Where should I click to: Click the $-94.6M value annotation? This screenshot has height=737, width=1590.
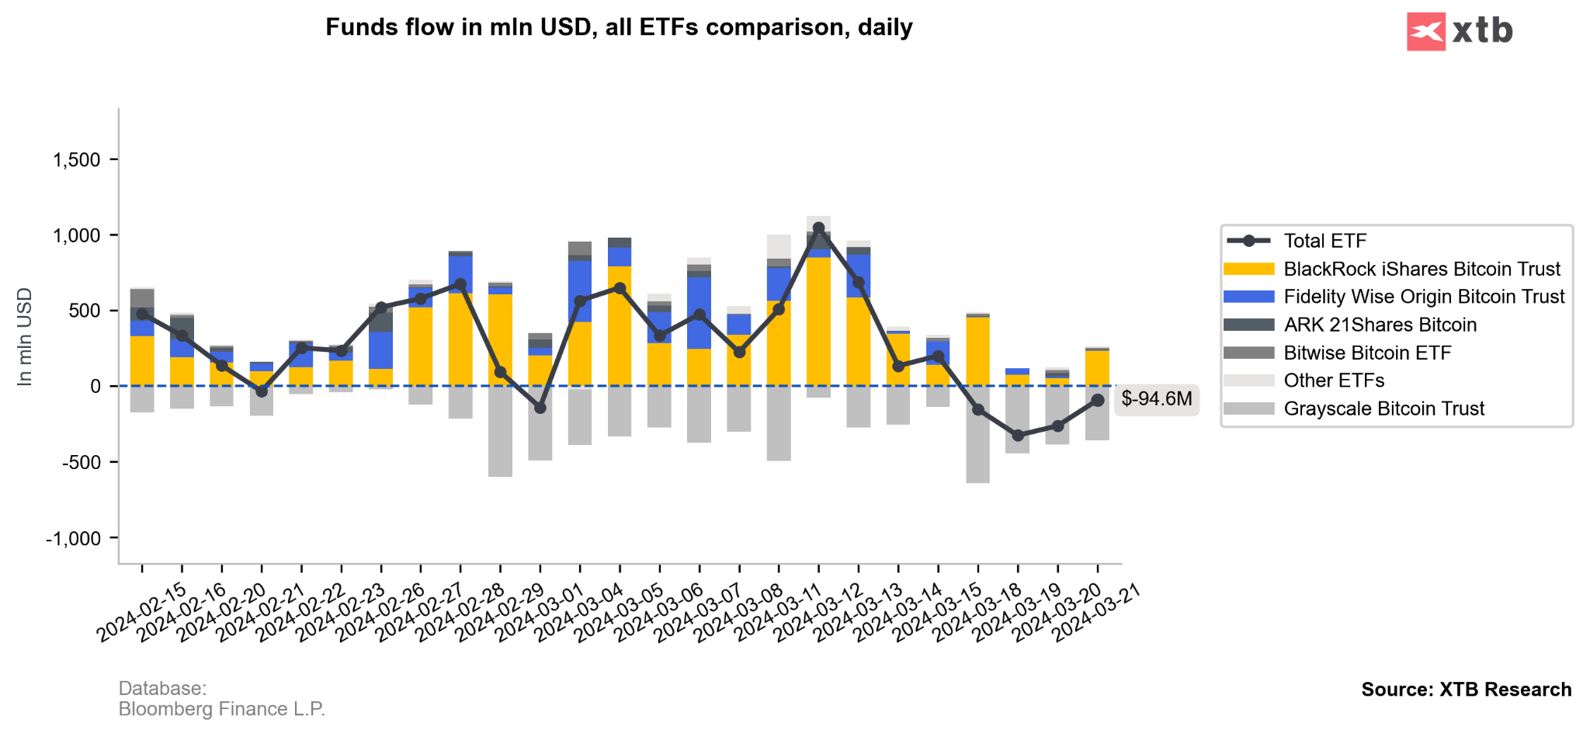click(1156, 399)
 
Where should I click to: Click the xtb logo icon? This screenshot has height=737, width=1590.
click(1425, 32)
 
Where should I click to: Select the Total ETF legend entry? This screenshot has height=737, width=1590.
click(1324, 241)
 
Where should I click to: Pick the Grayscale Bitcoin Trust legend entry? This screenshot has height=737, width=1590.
click(1383, 408)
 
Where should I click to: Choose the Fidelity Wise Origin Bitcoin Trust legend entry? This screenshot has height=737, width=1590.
click(1423, 297)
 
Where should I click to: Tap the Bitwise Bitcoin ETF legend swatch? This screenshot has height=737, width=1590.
click(1248, 353)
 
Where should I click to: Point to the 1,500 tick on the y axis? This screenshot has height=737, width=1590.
click(77, 160)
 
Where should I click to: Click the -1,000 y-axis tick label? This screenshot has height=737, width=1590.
click(74, 538)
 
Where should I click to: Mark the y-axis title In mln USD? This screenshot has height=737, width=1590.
click(25, 336)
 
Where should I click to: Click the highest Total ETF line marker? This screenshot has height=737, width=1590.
click(818, 228)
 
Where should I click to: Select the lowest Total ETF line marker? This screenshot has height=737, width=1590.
click(1018, 436)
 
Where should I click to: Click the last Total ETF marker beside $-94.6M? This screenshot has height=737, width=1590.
click(1098, 400)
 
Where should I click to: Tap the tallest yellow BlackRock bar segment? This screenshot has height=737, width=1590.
click(818, 321)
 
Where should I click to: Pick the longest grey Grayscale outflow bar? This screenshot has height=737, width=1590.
click(977, 434)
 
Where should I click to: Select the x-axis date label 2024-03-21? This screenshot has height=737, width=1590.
click(1096, 613)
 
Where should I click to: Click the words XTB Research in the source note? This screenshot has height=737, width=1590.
click(1505, 690)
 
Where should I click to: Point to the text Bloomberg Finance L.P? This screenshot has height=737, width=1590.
click(221, 709)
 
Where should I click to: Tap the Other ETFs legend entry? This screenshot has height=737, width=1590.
click(1334, 381)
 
